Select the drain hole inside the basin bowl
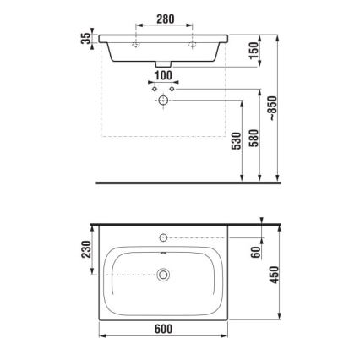pyautogui.click(x=163, y=274)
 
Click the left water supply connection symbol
pyautogui.click(x=153, y=89)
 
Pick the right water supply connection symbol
pyautogui.click(x=172, y=89)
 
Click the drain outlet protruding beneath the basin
pyautogui.click(x=162, y=66)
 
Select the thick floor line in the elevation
pyautogui.click(x=186, y=182)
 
